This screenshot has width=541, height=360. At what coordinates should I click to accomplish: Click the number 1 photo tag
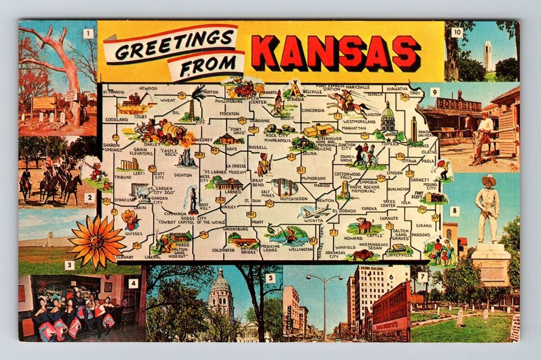(x=88, y=34)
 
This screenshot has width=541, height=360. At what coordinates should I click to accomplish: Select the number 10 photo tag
(x=457, y=32)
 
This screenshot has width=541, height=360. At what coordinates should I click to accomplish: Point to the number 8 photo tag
(x=454, y=211)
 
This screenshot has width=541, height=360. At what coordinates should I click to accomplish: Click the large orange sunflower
(x=97, y=241)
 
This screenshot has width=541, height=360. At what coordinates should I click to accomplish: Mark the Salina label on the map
(x=309, y=153)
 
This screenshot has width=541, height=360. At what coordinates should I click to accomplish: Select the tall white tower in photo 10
(x=487, y=55)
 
